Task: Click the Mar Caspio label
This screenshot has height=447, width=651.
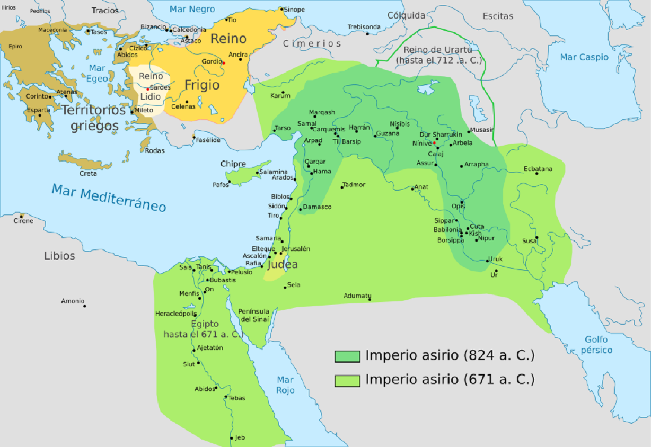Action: (584, 57)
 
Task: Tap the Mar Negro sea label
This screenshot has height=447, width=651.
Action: (192, 9)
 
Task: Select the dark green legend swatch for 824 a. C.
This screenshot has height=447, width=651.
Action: (347, 356)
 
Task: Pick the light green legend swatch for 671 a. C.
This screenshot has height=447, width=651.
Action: (347, 380)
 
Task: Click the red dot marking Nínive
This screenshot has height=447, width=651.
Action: (434, 143)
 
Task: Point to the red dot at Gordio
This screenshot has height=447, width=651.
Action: (224, 63)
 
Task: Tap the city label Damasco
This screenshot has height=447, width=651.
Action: (317, 207)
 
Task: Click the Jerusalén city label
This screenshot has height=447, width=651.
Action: (295, 248)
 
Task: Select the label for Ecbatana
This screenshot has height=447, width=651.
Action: (538, 168)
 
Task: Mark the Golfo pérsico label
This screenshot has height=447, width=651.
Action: (596, 345)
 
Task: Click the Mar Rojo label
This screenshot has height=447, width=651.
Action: (285, 385)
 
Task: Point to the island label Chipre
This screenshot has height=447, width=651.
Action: (234, 164)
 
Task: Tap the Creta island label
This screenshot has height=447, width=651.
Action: (88, 173)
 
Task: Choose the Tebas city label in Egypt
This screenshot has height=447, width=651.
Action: (236, 398)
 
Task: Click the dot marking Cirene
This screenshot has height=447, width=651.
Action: (22, 216)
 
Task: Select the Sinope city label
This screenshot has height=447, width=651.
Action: (295, 9)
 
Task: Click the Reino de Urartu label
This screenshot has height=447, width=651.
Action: (438, 55)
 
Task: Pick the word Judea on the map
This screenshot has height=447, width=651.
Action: (282, 264)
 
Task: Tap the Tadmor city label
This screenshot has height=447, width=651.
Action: (354, 184)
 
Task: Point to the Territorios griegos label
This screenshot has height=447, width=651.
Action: (94, 118)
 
